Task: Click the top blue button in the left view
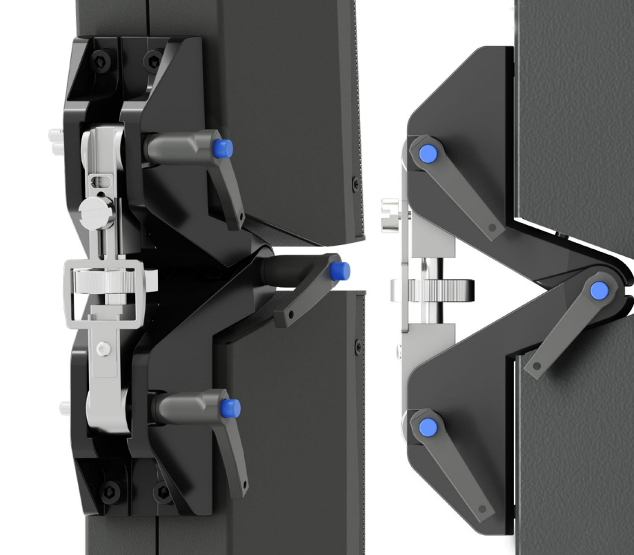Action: (222, 148)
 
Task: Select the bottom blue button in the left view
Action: (230, 408)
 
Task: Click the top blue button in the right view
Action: (428, 153)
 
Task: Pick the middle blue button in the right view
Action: (599, 289)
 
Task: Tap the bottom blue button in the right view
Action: (428, 426)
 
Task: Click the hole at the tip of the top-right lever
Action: (493, 227)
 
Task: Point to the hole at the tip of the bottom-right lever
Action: (482, 510)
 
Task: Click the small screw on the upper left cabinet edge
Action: (355, 185)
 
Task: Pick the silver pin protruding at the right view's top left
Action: (389, 206)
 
